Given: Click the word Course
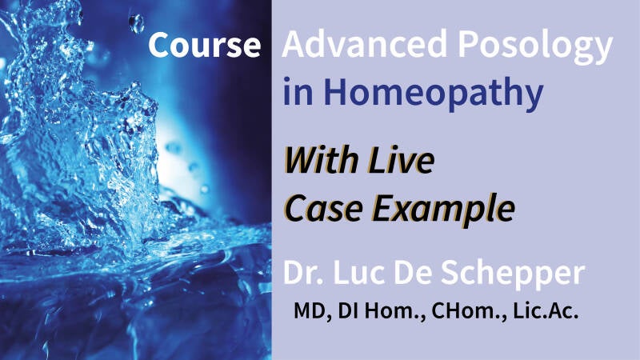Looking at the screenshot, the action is [205, 45].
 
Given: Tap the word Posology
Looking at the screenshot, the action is [534, 46].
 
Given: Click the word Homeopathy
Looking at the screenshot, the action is [434, 93].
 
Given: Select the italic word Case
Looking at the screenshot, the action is [323, 208].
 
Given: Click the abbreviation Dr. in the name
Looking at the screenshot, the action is [304, 272].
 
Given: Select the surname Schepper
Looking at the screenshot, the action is [513, 275].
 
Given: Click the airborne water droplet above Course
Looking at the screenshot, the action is [136, 23].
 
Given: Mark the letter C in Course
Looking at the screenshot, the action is [159, 45].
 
